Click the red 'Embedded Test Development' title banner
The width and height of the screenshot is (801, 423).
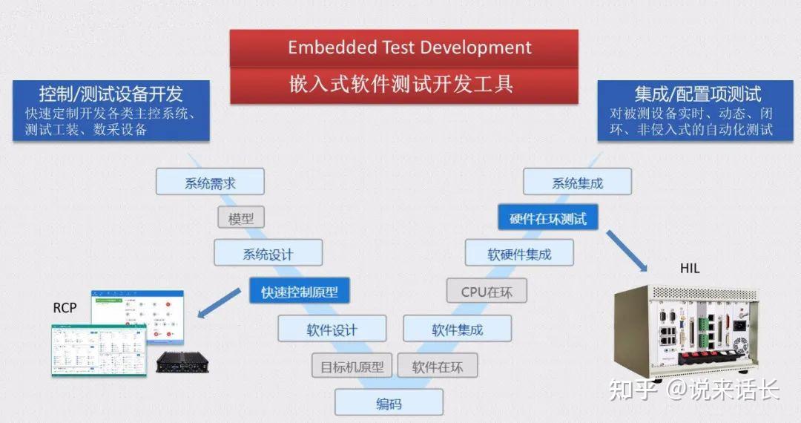[403, 48]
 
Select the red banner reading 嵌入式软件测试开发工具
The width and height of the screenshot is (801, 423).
[403, 85]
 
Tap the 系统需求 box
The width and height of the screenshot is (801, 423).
[210, 183]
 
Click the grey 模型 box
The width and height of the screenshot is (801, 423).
[241, 218]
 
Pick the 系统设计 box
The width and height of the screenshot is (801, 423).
[268, 254]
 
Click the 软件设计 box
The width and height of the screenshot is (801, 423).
[332, 329]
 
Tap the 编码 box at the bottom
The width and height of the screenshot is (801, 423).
[389, 404]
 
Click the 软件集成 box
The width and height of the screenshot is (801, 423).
[457, 329]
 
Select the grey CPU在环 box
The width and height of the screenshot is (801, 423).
[487, 291]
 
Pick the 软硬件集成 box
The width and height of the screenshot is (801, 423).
[519, 254]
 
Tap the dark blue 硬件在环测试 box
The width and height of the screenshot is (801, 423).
[547, 218]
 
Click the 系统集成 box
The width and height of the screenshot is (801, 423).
[577, 183]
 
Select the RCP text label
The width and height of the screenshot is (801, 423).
[65, 307]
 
